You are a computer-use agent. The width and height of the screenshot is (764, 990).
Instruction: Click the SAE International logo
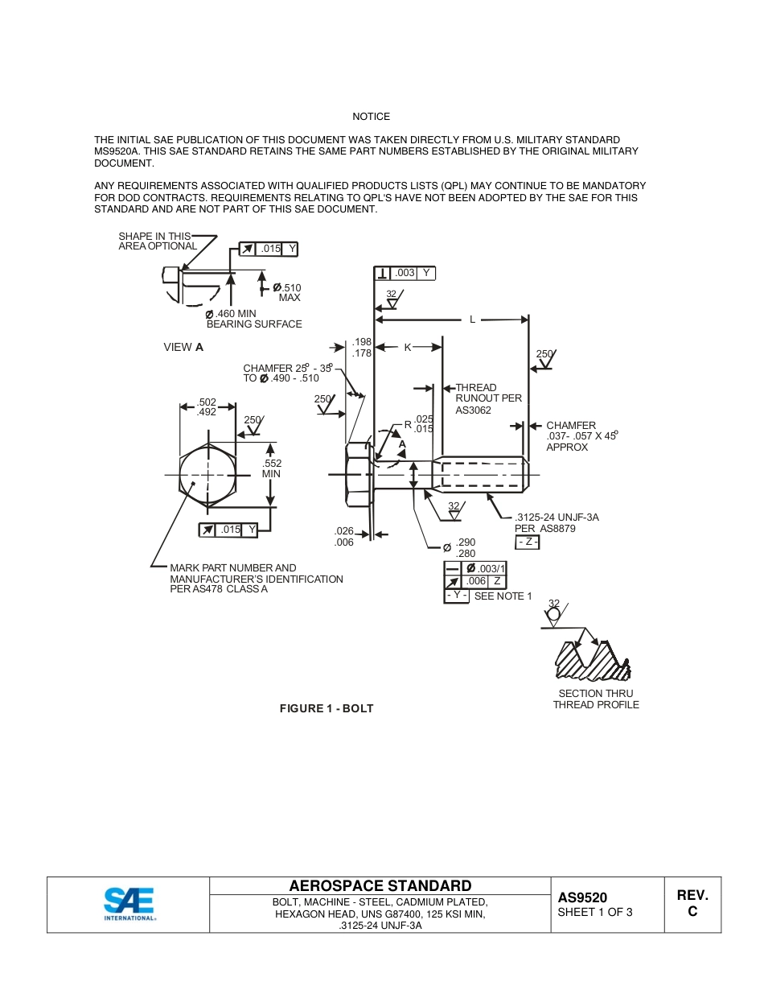[129, 903]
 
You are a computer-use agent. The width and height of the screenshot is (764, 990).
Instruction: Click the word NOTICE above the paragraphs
[371, 117]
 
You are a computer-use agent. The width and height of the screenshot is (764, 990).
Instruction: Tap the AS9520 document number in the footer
[582, 897]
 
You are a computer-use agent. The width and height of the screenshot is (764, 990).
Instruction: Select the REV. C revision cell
[692, 904]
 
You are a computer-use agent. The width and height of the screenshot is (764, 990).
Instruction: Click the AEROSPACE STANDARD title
[380, 886]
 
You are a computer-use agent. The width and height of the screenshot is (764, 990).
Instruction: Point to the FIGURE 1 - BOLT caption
[327, 708]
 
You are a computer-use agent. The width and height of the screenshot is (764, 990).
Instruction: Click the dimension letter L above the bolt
[472, 320]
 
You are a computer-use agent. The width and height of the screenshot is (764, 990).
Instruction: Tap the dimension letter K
[408, 347]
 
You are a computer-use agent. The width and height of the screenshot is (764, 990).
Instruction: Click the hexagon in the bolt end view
[208, 475]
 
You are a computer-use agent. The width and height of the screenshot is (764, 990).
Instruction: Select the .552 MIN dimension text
[272, 468]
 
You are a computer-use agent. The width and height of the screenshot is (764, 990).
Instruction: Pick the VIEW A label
[183, 347]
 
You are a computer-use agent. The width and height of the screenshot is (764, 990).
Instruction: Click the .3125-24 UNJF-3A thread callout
[557, 518]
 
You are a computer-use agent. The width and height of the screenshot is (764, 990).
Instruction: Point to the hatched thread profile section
[591, 660]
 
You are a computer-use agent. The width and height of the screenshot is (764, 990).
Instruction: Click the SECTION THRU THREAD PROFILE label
[596, 699]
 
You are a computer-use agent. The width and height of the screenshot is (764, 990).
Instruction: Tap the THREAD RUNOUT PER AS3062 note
[488, 398]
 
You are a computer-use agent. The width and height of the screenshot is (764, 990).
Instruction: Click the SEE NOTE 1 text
[503, 596]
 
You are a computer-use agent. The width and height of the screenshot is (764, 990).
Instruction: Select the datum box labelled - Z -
[528, 542]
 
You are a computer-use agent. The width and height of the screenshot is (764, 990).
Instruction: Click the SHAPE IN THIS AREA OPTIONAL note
[157, 241]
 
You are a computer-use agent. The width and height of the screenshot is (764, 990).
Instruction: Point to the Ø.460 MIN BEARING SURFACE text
[253, 319]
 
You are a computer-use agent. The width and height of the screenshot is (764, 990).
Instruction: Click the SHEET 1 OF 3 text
[594, 912]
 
